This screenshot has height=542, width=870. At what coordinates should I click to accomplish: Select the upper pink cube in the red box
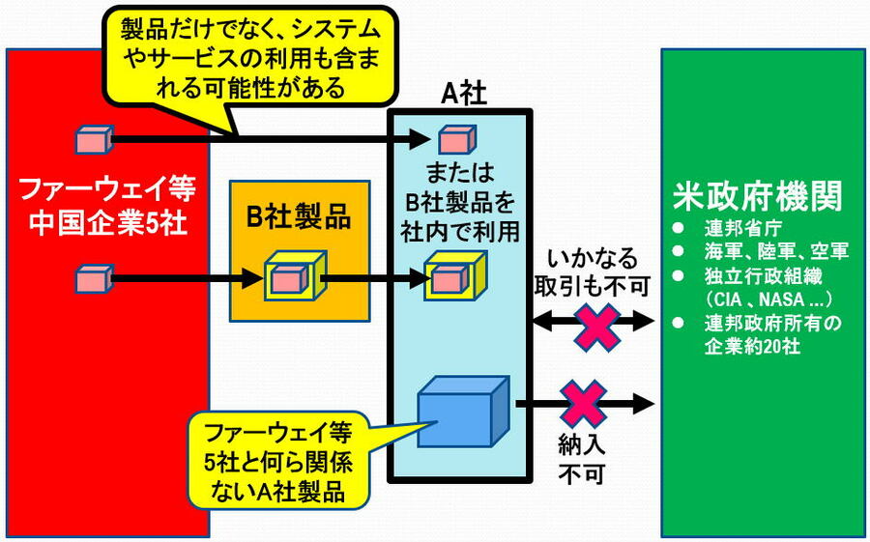(x=94, y=139)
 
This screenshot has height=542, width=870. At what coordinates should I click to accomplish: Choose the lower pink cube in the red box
(x=94, y=280)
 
